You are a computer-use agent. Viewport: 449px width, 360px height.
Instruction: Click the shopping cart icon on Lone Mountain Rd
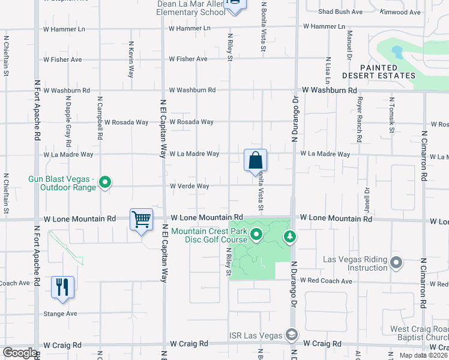click(x=141, y=220)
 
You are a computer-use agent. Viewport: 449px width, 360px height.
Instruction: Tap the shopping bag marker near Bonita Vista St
click(x=255, y=160)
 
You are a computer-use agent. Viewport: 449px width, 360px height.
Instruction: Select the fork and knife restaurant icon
click(x=62, y=287)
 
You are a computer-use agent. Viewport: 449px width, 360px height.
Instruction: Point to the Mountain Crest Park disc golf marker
click(x=257, y=235)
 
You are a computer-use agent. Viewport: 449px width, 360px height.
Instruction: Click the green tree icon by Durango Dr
click(x=290, y=236)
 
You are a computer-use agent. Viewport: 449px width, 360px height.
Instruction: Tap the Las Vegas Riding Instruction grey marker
click(x=396, y=262)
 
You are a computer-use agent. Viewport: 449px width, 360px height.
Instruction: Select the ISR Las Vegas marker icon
click(x=292, y=334)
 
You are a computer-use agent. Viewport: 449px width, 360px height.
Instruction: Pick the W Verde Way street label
click(x=189, y=186)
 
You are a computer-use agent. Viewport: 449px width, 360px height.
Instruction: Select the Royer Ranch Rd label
click(x=359, y=119)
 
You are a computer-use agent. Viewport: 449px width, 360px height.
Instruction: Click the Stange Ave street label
click(x=61, y=314)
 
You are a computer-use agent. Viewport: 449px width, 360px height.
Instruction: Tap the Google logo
click(x=19, y=353)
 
